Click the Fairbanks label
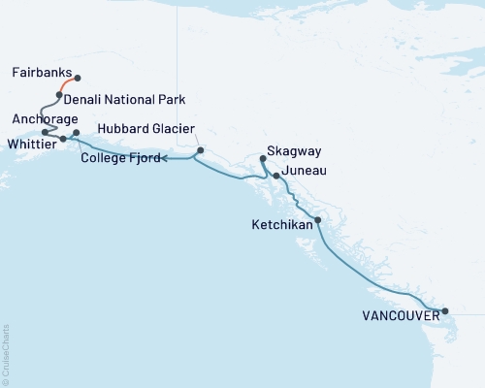pos(42,73)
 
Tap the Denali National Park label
pos(125,100)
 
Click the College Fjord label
pos(118,158)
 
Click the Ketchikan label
pos(281,224)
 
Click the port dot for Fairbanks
pos(78,79)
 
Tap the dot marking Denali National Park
pos(59,95)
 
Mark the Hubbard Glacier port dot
pos(200,150)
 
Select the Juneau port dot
pos(276,176)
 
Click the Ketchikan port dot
pos(318,220)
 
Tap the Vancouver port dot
pos(445,311)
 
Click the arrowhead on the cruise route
pos(161,158)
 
